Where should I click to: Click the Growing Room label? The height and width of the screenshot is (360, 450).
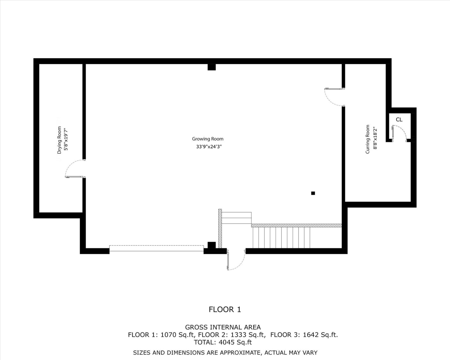click(x=208, y=139)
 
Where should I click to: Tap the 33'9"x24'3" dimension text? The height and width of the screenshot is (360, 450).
click(x=209, y=147)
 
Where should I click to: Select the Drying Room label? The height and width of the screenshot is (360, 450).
click(x=59, y=140)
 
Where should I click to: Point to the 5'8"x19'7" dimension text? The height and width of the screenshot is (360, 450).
click(x=66, y=139)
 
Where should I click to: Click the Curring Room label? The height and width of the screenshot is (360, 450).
click(x=367, y=139)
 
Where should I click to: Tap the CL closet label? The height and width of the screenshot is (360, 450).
click(x=399, y=120)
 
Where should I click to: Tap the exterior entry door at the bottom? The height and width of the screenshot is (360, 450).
click(x=236, y=260)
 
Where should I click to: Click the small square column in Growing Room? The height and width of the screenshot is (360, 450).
click(x=313, y=193)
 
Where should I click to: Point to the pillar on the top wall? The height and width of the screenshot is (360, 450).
click(x=211, y=67)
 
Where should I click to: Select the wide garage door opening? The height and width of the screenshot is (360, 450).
click(x=156, y=248)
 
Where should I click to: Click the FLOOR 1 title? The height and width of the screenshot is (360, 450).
click(x=225, y=310)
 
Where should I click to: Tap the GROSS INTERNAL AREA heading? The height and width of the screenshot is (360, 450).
click(x=223, y=327)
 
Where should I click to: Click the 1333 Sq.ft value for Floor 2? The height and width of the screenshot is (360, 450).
click(x=248, y=335)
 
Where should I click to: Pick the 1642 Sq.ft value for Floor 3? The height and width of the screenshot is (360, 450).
click(x=320, y=335)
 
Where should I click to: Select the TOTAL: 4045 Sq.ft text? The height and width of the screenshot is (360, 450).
click(x=223, y=343)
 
